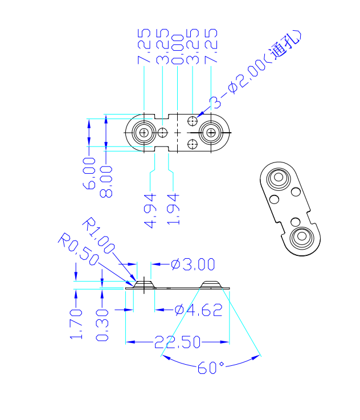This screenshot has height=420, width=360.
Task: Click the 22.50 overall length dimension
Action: click(x=177, y=342)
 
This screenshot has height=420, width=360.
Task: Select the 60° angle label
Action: click(x=210, y=368)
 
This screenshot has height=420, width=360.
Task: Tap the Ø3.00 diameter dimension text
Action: click(x=193, y=264)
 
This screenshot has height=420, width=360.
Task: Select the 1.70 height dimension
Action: click(x=76, y=324)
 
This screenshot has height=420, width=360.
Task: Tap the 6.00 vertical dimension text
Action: click(x=89, y=174)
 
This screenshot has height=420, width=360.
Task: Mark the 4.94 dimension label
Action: click(x=151, y=211)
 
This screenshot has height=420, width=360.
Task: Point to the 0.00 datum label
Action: click(x=178, y=46)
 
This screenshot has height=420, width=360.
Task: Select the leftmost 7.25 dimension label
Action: click(x=144, y=46)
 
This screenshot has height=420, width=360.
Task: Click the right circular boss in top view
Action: click(x=211, y=133)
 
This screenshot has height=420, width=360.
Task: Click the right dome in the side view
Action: click(x=212, y=284)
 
